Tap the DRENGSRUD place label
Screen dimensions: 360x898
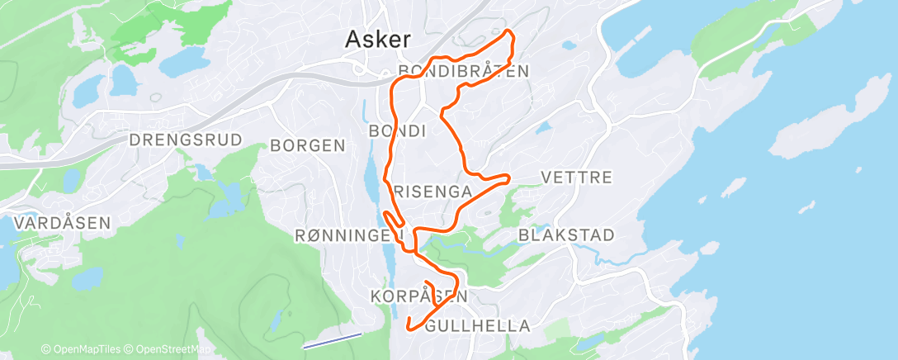186,140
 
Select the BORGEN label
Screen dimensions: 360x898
308,146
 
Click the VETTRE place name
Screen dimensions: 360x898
576,178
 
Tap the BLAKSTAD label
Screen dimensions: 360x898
566,235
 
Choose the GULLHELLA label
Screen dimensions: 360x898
477,326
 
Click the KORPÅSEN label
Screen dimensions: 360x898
419,296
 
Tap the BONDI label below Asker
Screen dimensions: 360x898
397,131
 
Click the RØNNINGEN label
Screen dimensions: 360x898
347,236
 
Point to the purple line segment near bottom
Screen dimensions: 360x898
332,340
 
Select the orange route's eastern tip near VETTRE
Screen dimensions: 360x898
508,177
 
